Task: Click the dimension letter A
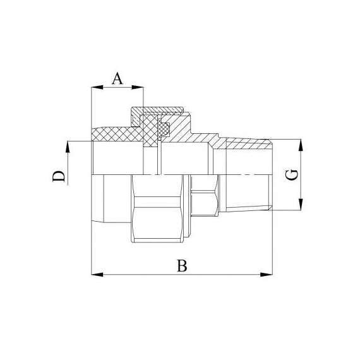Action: click(x=117, y=79)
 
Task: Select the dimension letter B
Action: click(x=182, y=266)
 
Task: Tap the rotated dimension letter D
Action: click(x=59, y=176)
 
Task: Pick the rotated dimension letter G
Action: click(x=291, y=175)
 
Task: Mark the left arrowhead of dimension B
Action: click(x=97, y=275)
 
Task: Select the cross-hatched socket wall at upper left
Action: click(x=117, y=135)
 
